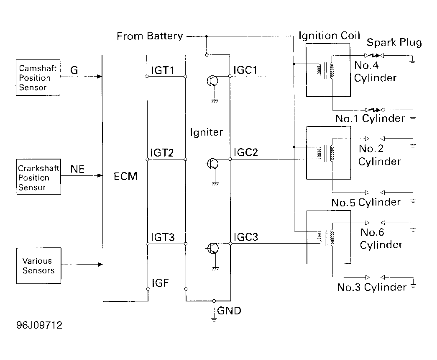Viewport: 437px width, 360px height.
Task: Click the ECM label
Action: click(125, 176)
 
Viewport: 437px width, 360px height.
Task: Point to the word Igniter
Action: click(207, 132)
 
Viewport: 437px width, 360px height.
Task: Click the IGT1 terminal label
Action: click(163, 70)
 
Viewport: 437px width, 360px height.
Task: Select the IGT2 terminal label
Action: click(162, 153)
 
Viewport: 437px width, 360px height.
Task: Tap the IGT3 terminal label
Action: click(163, 237)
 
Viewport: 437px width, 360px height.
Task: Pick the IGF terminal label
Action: click(160, 283)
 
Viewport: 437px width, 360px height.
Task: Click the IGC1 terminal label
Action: click(245, 70)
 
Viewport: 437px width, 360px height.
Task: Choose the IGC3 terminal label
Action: click(246, 237)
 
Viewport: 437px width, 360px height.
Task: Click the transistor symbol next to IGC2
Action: click(212, 164)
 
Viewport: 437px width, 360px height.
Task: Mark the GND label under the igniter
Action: click(229, 311)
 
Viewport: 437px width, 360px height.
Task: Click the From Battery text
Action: click(150, 36)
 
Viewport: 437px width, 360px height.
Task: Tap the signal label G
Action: click(74, 70)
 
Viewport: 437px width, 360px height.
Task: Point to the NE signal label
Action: click(77, 169)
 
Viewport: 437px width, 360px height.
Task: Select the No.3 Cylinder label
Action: click(372, 287)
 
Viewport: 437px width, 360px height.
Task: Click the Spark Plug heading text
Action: click(394, 42)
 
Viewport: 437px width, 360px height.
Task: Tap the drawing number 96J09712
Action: click(39, 325)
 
